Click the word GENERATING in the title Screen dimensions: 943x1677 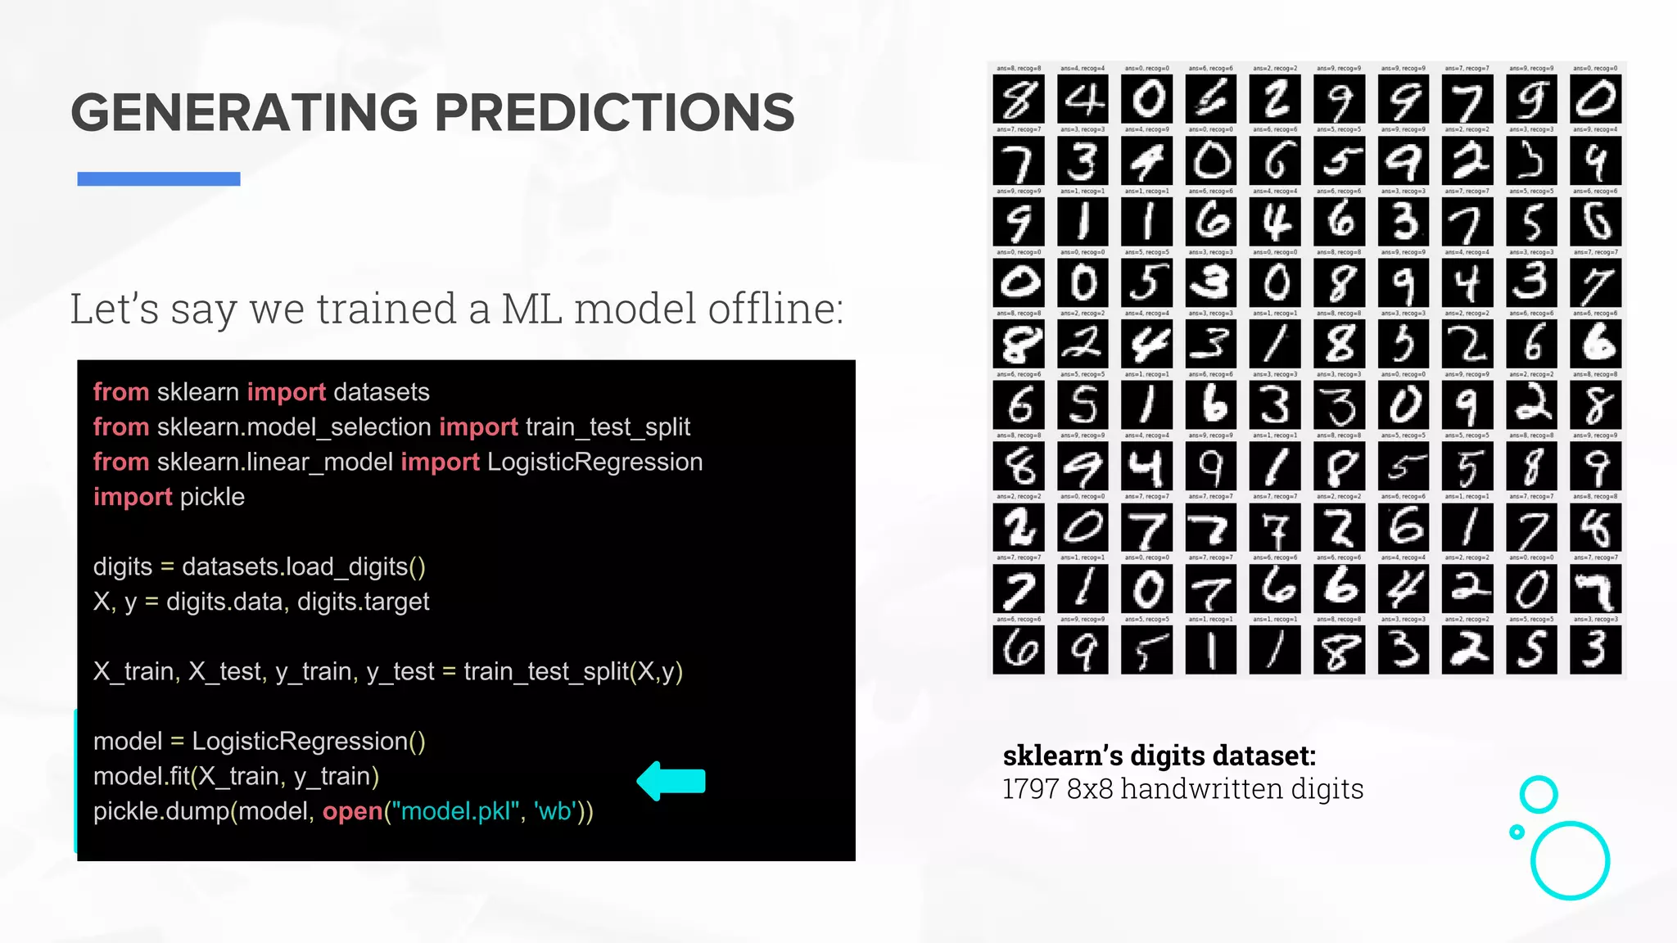pos(243,112)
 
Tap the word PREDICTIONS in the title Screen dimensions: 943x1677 pos(614,112)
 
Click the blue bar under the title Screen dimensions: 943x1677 pos(158,178)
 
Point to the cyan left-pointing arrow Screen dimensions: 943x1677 pos(671,781)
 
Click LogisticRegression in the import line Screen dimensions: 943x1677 pos(594,462)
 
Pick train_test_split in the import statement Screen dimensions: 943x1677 pos(608,426)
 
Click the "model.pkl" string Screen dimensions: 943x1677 pos(455,811)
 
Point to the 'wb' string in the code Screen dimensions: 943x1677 pos(554,811)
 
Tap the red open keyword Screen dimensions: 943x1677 pos(352,811)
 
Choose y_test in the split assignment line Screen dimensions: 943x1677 pos(400,671)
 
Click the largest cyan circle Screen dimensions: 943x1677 pos(1570,860)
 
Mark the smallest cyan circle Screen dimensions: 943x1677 pos(1517,832)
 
